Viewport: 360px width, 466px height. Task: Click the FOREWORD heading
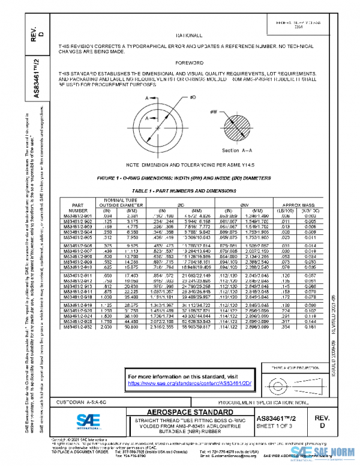tap(185, 62)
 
